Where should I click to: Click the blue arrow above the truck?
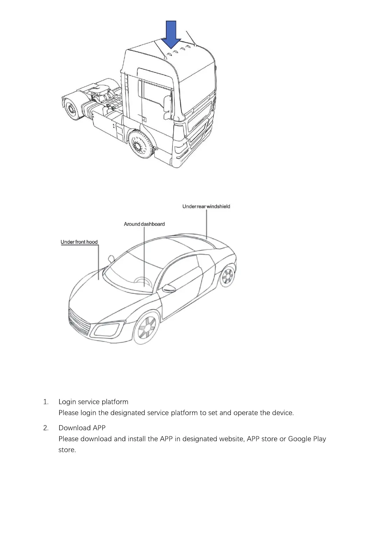coord(171,34)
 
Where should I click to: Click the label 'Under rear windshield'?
coord(206,207)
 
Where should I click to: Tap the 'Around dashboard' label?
coord(144,224)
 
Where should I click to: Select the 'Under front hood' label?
coord(79,242)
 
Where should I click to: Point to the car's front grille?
coord(79,320)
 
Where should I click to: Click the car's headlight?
coord(107,330)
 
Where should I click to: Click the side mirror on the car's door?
coord(170,289)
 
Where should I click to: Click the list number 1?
coord(45,402)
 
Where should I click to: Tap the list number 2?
coord(46,428)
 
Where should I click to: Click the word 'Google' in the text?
coord(299,439)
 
